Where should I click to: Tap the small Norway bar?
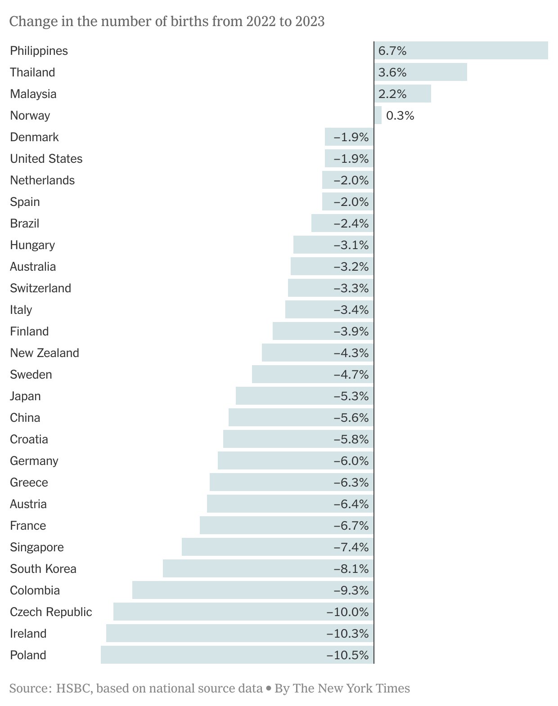pyautogui.click(x=378, y=115)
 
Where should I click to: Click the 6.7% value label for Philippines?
pyautogui.click(x=392, y=51)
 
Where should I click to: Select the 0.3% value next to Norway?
pyautogui.click(x=400, y=116)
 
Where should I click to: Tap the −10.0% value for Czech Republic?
pyautogui.click(x=347, y=612)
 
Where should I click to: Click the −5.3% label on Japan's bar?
pyautogui.click(x=351, y=396)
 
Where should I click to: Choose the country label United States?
pyautogui.click(x=46, y=159)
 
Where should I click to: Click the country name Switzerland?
pyautogui.click(x=40, y=288)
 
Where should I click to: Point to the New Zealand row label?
pyautogui.click(x=45, y=353)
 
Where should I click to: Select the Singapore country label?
pyautogui.click(x=37, y=547)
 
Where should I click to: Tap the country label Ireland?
pyautogui.click(x=28, y=634)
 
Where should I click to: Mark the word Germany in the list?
pyautogui.click(x=34, y=461)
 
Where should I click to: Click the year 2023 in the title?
pyautogui.click(x=310, y=22)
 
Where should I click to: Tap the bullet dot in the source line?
pyautogui.click(x=269, y=688)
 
